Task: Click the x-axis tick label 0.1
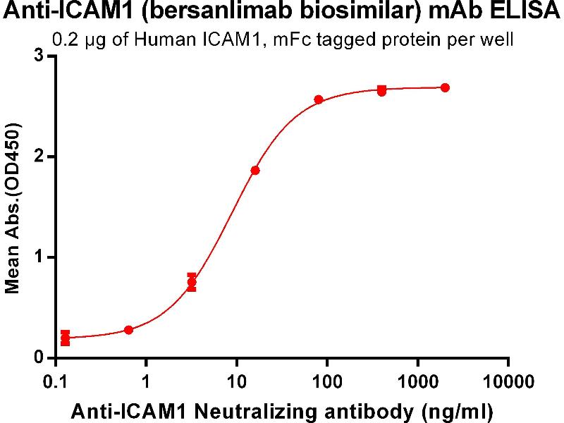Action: (x=54, y=381)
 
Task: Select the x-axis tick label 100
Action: (x=327, y=381)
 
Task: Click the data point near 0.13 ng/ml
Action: (x=66, y=338)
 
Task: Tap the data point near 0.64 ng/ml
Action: (x=128, y=330)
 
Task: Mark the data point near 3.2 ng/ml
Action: (x=192, y=282)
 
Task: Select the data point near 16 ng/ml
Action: (x=255, y=171)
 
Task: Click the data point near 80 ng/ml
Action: (x=319, y=99)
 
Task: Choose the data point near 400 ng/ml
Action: (x=381, y=91)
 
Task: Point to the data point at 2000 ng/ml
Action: (x=445, y=87)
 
